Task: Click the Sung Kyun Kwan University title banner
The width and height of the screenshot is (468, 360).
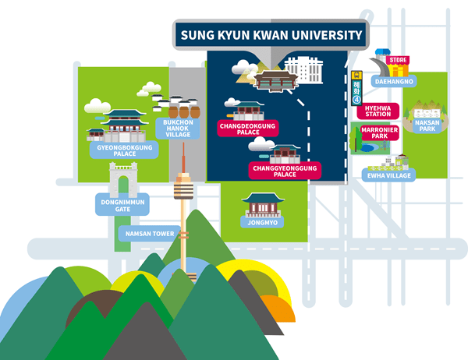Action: (x=271, y=35)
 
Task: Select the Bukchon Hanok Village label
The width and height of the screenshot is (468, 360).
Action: (x=178, y=129)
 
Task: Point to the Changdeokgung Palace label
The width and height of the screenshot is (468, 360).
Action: (x=249, y=129)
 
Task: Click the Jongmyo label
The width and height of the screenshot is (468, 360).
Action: (x=261, y=223)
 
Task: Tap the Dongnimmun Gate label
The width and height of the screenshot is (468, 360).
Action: (x=120, y=204)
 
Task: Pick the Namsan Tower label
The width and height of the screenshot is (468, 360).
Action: (x=146, y=232)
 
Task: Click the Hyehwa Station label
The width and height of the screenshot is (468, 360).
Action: (x=378, y=111)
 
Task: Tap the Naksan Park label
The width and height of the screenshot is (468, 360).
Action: (x=427, y=125)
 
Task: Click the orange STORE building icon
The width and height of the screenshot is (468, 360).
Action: (x=398, y=65)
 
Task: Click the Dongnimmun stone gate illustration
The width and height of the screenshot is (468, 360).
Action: (x=122, y=179)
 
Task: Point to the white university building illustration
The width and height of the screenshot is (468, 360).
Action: (x=303, y=72)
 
